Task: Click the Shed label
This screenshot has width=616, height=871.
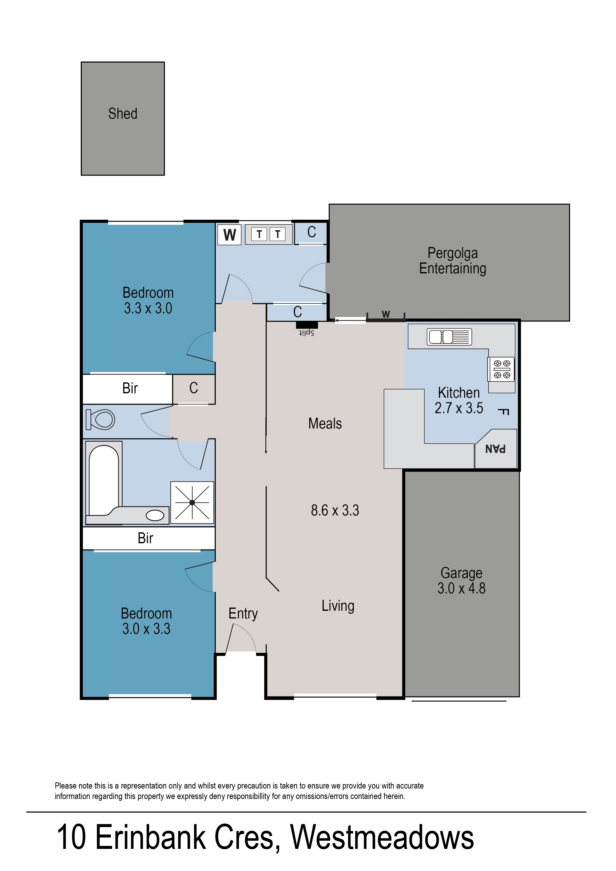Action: (x=123, y=113)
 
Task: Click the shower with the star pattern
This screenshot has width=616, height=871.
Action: (x=192, y=502)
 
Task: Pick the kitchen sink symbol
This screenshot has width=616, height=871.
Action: (x=449, y=337)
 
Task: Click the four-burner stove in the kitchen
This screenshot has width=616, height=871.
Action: (x=501, y=369)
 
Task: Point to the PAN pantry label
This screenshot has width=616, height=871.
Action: (x=495, y=449)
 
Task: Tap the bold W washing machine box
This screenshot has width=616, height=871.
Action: (x=229, y=235)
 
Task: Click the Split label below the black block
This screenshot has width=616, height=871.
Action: (x=307, y=333)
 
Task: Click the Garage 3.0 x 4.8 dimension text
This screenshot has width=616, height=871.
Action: (x=461, y=588)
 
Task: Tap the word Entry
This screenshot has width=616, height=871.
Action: (x=243, y=613)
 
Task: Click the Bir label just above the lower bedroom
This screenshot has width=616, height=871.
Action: (x=145, y=538)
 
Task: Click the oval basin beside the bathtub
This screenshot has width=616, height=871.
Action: (x=155, y=515)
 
